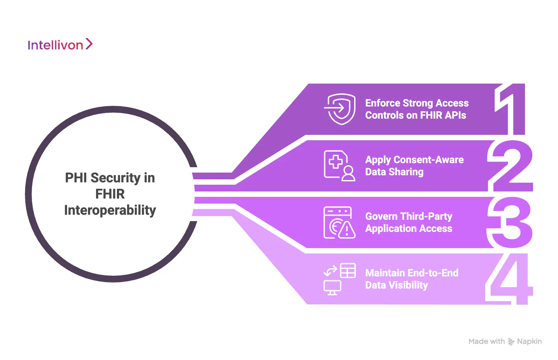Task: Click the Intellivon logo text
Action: pyautogui.click(x=55, y=45)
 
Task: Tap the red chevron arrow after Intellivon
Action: pyautogui.click(x=89, y=44)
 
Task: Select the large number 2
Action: pyautogui.click(x=510, y=166)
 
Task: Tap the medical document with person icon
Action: pyautogui.click(x=339, y=166)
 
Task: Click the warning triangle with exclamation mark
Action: pyautogui.click(x=347, y=230)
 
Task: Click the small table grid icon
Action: pyautogui.click(x=348, y=270)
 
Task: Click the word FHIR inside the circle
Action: pyautogui.click(x=110, y=194)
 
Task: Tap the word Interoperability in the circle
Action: pyautogui.click(x=110, y=210)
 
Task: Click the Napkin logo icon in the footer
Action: pyautogui.click(x=511, y=341)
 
